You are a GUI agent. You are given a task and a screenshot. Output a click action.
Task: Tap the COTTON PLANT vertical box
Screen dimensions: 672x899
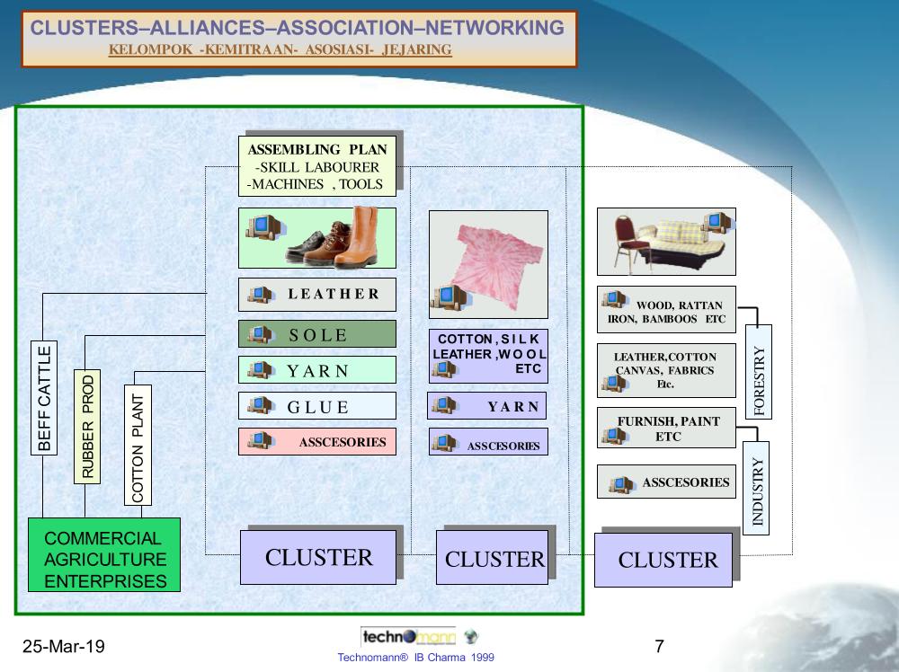pyautogui.click(x=138, y=446)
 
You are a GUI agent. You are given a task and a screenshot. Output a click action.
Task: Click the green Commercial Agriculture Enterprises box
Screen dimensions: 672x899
pyautogui.click(x=104, y=554)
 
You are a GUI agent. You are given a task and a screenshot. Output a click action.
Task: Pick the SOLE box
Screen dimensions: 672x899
pyautogui.click(x=317, y=334)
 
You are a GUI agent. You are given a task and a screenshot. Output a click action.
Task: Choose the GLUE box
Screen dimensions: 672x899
pyautogui.click(x=317, y=406)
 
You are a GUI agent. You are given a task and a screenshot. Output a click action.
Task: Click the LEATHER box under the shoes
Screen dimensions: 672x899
pyautogui.click(x=317, y=294)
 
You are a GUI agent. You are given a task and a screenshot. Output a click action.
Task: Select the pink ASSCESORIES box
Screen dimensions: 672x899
pyautogui.click(x=317, y=441)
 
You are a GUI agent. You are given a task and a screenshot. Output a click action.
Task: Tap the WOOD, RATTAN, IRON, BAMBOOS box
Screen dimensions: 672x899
pyautogui.click(x=666, y=311)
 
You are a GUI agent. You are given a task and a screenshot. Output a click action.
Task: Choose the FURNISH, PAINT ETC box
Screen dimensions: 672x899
pyautogui.click(x=666, y=429)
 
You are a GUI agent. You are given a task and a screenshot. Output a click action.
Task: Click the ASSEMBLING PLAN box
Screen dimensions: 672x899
pyautogui.click(x=317, y=166)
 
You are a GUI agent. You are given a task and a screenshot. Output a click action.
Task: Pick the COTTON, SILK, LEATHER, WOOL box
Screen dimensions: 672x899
pyautogui.click(x=489, y=354)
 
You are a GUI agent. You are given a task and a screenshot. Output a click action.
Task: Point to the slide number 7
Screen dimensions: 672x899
pyautogui.click(x=660, y=646)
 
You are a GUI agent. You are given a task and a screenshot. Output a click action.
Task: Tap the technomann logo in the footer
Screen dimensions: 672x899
pyautogui.click(x=409, y=636)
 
